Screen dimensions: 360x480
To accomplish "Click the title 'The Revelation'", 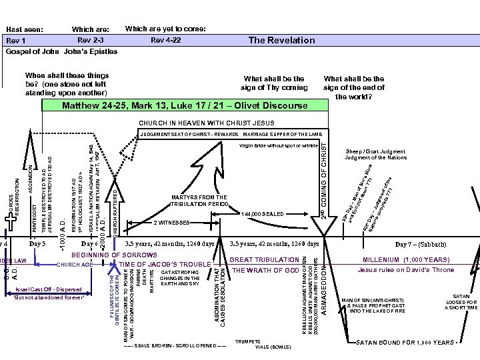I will (281, 40).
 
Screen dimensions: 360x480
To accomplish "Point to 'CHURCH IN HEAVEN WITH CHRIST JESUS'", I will (206, 123).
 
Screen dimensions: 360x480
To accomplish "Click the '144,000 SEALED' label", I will (264, 215).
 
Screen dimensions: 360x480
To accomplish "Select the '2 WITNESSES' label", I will (172, 222).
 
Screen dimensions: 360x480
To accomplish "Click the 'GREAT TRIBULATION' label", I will (265, 259).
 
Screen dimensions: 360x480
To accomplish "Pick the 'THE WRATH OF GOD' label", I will (265, 270).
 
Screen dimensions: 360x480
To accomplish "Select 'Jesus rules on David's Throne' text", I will (406, 270).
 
